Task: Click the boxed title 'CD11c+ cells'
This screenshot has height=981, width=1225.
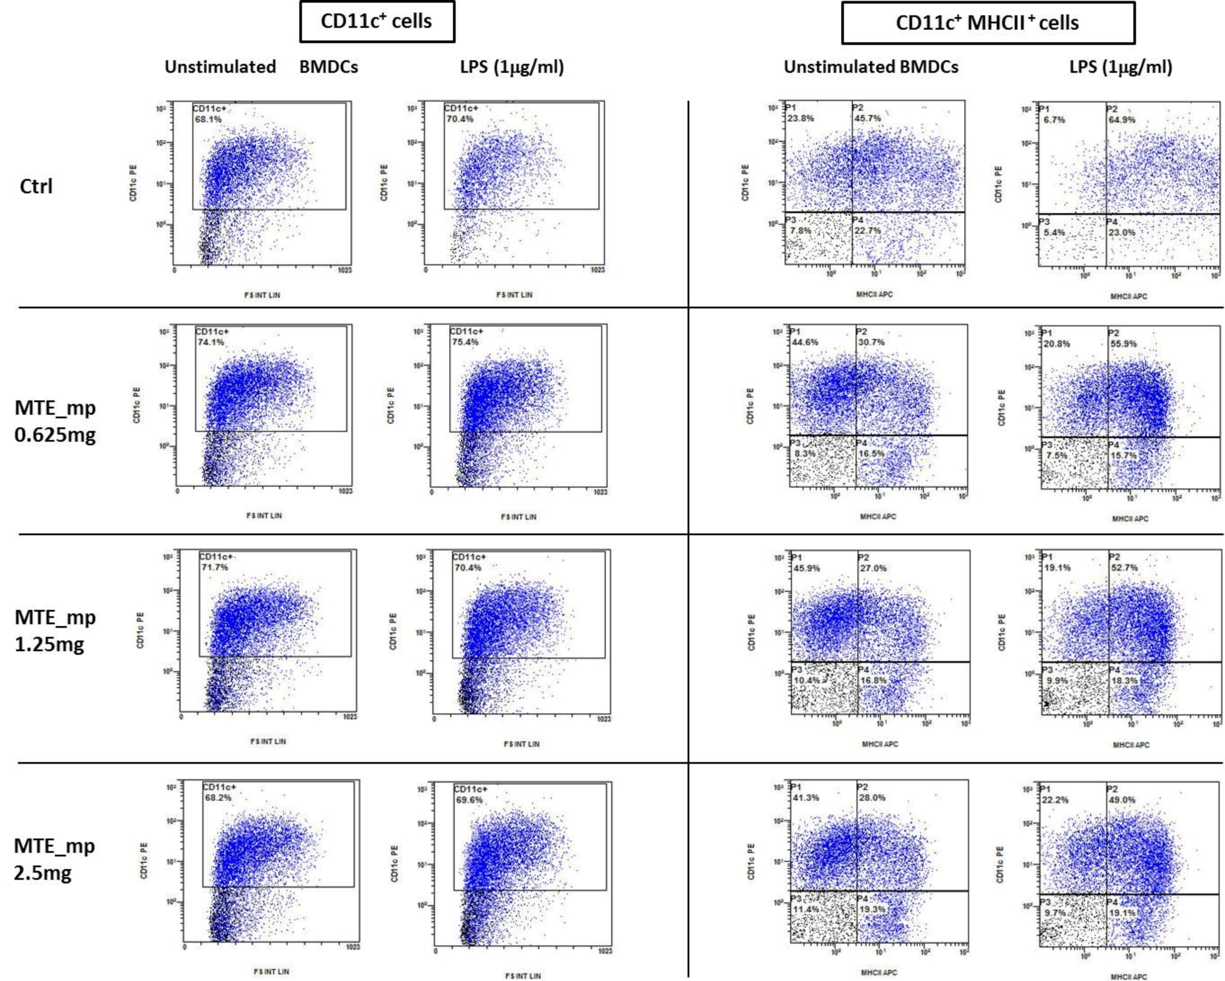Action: [377, 22]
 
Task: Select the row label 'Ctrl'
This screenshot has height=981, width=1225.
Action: [36, 186]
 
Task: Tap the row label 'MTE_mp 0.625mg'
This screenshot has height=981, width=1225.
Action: [55, 421]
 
